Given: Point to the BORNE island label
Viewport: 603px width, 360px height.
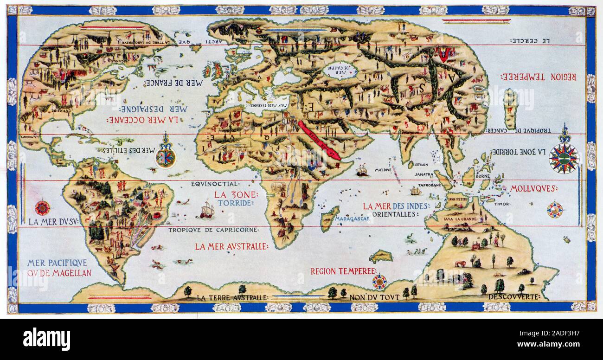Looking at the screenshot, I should [483, 177].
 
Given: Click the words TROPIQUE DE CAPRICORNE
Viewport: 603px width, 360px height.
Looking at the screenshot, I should [213, 230].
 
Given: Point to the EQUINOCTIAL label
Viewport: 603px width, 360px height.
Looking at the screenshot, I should [214, 184].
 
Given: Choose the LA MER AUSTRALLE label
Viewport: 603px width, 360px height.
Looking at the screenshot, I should [231, 247].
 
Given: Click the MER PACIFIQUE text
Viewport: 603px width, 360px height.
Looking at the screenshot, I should [57, 263].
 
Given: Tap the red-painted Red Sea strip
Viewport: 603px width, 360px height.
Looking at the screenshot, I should [320, 140].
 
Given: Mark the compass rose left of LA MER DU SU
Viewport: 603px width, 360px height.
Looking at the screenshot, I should [43, 207].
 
